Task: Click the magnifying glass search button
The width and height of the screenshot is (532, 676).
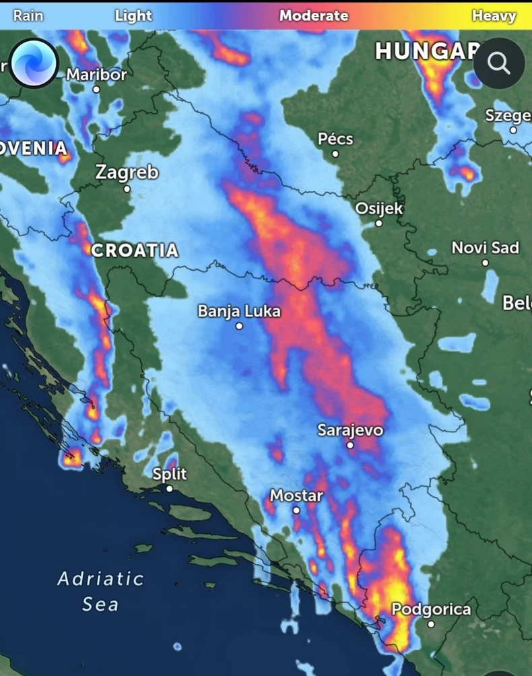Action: pos(499,63)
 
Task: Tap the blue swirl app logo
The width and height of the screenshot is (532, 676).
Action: pos(34,63)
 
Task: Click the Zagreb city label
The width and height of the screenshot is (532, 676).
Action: pos(127,172)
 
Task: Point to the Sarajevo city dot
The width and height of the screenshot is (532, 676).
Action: pos(350,445)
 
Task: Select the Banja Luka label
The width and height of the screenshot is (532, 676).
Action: pos(239,311)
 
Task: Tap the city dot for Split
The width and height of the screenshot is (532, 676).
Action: pos(170,489)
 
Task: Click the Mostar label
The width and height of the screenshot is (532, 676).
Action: pos(296,496)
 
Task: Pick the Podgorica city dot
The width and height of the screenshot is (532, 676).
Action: pos(432,624)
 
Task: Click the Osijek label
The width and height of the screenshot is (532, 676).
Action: pos(379,208)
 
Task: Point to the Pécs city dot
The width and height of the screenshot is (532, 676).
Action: pos(335,154)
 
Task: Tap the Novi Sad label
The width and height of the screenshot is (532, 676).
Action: pos(485,248)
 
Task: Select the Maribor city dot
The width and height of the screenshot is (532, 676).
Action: pos(96,89)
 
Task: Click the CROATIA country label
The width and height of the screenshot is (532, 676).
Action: pos(135,250)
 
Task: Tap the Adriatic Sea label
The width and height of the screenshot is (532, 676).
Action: pos(100,591)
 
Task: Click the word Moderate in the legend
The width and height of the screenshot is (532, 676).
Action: pos(314,15)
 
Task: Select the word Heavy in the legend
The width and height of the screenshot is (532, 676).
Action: pos(494,15)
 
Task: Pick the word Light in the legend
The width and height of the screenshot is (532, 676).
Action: pos(133,15)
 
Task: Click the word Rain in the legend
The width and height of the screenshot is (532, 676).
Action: pos(28,15)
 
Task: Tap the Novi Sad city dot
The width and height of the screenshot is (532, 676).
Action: pos(485,263)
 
